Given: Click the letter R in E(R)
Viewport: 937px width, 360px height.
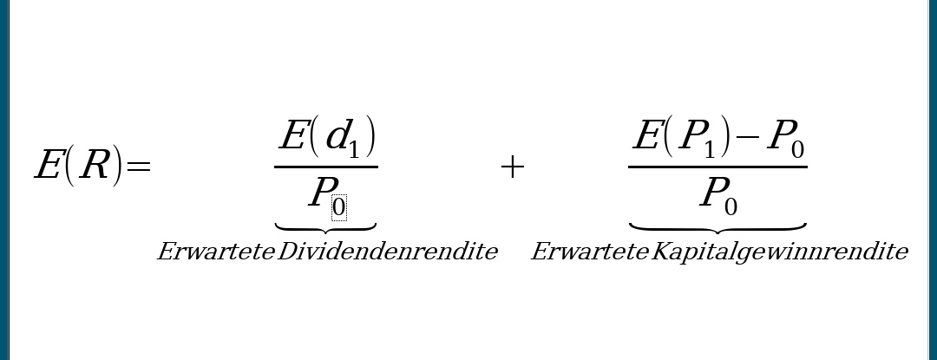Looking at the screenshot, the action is (x=95, y=165).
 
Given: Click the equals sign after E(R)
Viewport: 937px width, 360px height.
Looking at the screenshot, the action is (x=139, y=166).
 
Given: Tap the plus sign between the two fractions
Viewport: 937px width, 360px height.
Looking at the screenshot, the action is (x=512, y=167).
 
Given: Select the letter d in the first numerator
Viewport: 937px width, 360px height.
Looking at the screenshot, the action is (x=335, y=135).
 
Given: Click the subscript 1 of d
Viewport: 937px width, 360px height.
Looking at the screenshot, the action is (x=354, y=149).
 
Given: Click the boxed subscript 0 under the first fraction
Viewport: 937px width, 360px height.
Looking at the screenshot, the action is (x=339, y=207).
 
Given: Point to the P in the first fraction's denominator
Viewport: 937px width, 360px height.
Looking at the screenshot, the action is (x=321, y=193).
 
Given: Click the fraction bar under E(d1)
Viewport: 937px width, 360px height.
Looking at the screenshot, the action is (x=325, y=167).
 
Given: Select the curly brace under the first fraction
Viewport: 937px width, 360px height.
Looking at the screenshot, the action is (x=325, y=227).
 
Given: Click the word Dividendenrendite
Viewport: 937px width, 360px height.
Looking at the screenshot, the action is (x=387, y=252).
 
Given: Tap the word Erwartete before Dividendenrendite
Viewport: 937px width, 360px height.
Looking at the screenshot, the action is (x=215, y=252).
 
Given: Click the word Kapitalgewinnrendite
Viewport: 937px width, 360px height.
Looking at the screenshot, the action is (x=779, y=252).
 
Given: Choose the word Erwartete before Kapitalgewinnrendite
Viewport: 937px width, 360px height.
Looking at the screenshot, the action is (x=589, y=252).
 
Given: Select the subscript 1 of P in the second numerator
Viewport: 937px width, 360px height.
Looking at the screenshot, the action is (x=709, y=149).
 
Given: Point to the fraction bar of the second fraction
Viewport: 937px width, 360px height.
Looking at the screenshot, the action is (x=717, y=167).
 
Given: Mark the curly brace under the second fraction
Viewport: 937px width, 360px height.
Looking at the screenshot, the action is (x=717, y=227).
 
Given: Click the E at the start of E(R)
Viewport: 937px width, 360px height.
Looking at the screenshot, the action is (x=48, y=165).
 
